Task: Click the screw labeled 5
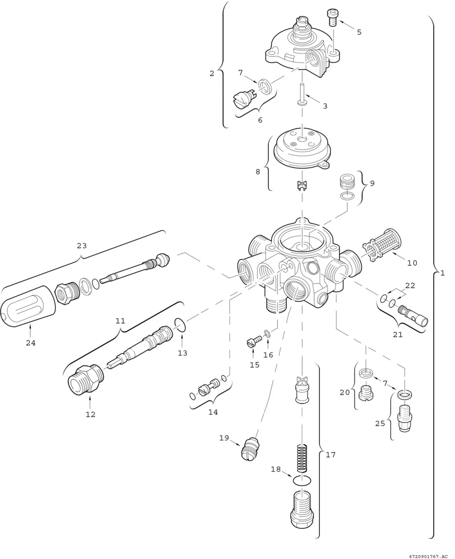(x=332, y=18)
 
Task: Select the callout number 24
(x=30, y=343)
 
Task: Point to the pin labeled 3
(x=302, y=94)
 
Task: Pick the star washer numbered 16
(x=268, y=334)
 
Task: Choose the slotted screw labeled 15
(x=254, y=342)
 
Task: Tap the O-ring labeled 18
(x=302, y=481)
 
